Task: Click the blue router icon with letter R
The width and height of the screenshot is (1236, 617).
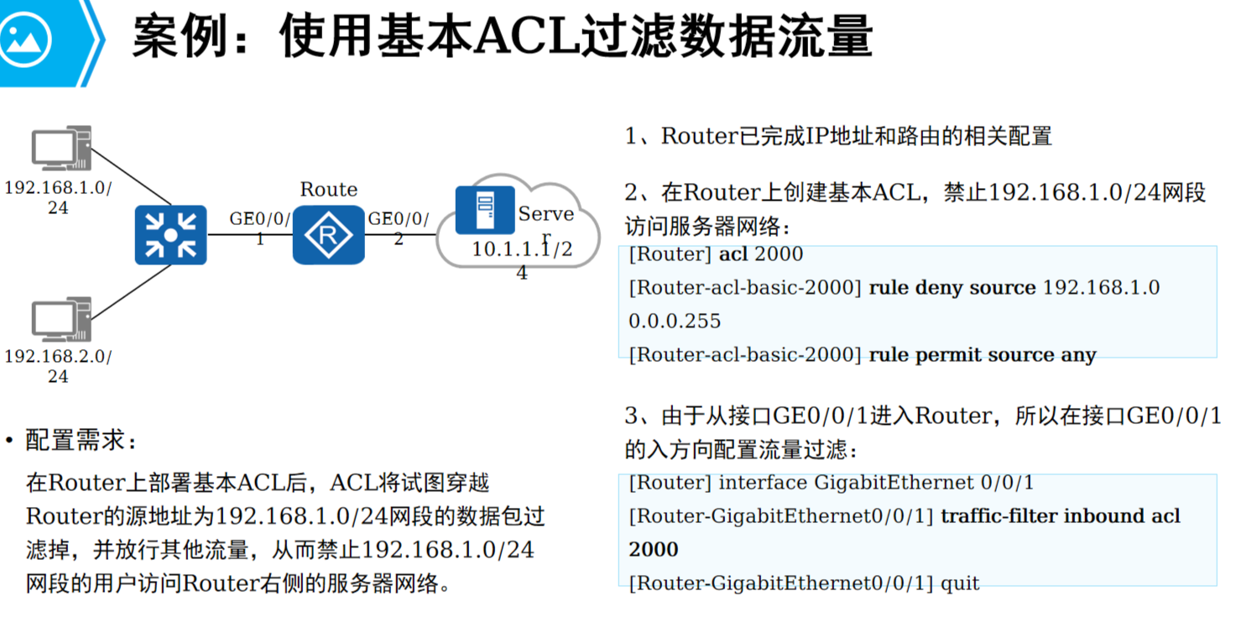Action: (x=329, y=235)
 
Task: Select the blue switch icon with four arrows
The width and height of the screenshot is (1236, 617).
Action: (x=170, y=235)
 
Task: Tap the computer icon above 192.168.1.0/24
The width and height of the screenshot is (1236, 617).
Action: (x=60, y=149)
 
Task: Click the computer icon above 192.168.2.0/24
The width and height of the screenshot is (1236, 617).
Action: (x=60, y=320)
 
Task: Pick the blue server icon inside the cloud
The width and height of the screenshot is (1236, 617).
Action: (x=485, y=210)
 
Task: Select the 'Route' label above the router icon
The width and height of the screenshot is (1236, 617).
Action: (x=329, y=190)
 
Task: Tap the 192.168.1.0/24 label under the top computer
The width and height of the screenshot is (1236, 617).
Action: (x=58, y=196)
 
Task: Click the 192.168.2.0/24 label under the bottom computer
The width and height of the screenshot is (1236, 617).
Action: (x=58, y=366)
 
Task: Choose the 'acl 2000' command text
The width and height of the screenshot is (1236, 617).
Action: (x=761, y=254)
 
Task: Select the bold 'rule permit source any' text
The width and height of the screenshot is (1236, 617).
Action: (x=982, y=355)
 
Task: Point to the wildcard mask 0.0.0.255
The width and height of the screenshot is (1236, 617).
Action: (x=675, y=322)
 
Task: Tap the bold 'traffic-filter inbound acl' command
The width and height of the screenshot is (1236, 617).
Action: (x=1060, y=516)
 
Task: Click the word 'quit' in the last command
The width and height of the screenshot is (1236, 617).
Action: (x=960, y=583)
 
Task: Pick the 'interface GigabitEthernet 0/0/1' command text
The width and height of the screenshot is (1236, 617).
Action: (x=876, y=483)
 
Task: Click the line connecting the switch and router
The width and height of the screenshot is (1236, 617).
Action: (x=249, y=235)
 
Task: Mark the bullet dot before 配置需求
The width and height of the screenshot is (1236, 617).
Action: (x=9, y=442)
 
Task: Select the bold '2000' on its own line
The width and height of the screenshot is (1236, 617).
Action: (x=653, y=550)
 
